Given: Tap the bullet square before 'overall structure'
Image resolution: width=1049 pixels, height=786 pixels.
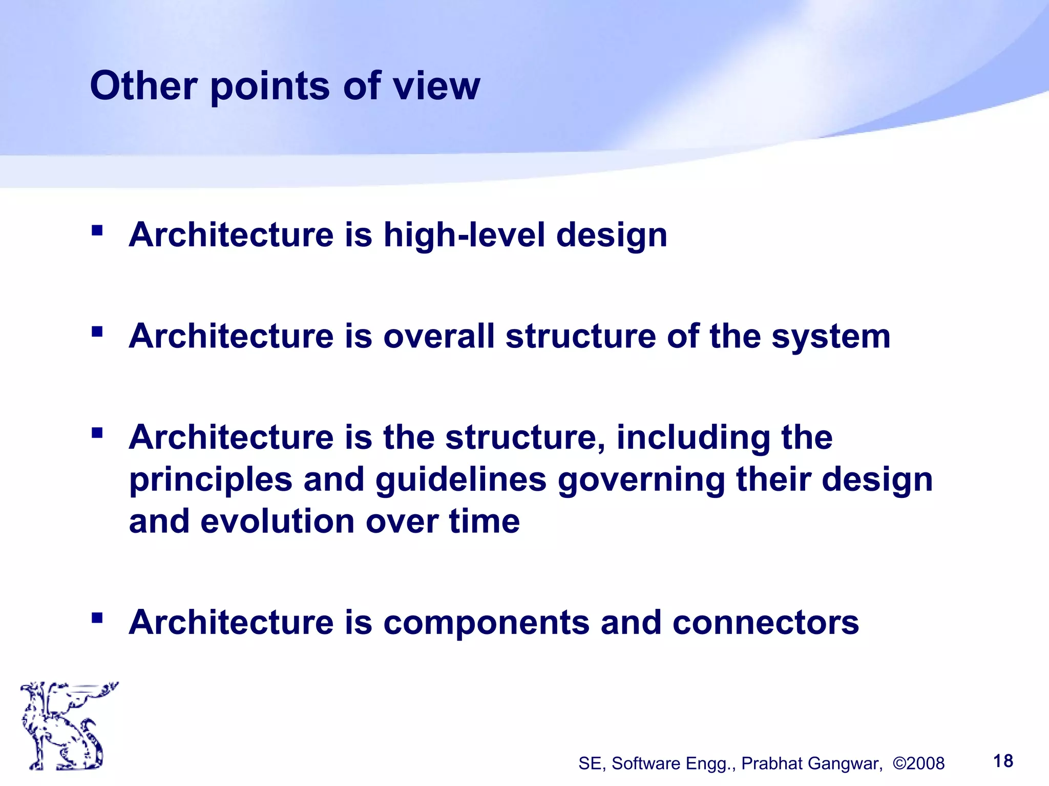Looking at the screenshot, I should [x=97, y=332].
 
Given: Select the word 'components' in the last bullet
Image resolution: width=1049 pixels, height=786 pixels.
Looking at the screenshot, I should [x=486, y=623].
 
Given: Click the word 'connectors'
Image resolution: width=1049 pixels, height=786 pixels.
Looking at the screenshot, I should [x=765, y=622].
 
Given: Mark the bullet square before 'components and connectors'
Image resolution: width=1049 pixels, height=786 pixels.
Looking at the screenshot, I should [x=97, y=618].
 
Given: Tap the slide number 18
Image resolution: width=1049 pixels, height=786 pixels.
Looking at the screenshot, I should [x=1003, y=761].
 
